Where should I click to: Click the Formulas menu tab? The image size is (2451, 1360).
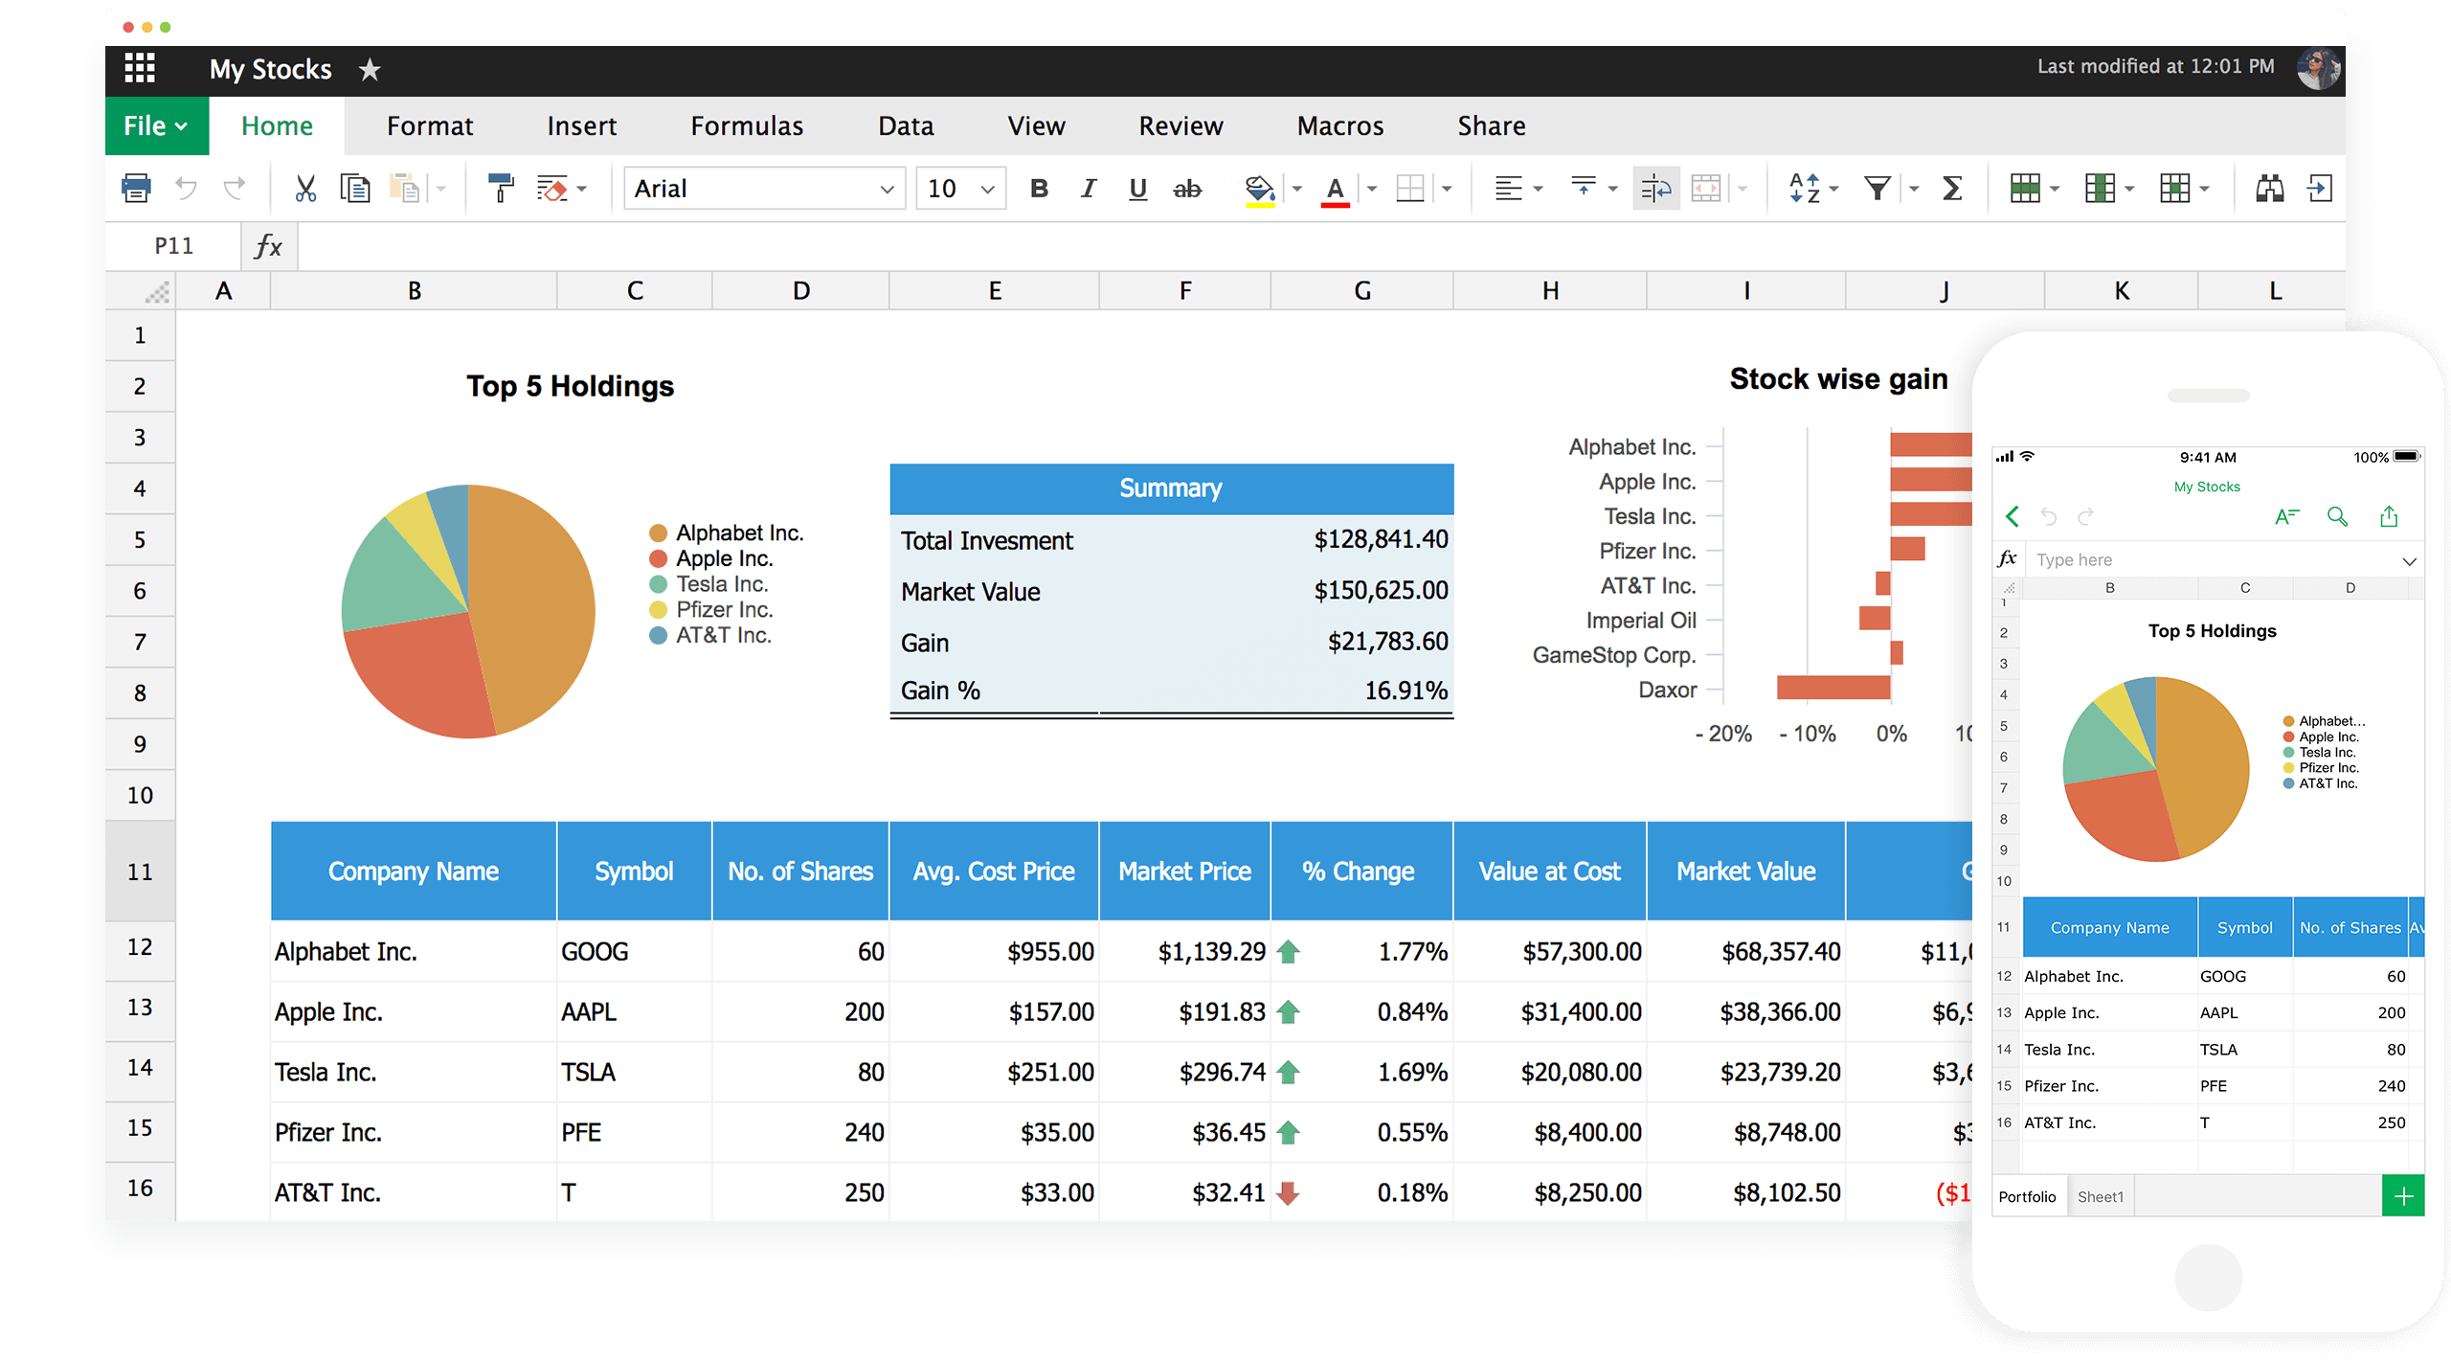point(747,125)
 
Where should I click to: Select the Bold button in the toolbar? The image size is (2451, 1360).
point(1039,189)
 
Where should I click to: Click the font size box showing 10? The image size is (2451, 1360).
point(960,189)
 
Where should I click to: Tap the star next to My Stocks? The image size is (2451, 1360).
point(370,70)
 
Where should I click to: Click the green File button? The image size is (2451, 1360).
point(156,125)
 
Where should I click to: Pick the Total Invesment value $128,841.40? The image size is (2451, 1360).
point(1380,539)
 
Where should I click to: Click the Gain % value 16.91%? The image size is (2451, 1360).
point(1405,691)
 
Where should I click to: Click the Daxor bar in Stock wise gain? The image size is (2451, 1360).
point(1833,688)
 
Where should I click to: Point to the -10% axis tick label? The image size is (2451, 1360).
point(1807,734)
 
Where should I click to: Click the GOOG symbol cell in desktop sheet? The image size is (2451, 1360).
point(595,951)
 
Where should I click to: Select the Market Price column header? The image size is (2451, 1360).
point(1184,872)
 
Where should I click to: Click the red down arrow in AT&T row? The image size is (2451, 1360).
point(1289,1192)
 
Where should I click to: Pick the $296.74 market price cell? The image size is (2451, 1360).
point(1222,1072)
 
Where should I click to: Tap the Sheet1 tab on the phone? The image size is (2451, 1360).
point(2100,1196)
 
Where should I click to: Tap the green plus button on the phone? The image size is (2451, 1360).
point(2402,1196)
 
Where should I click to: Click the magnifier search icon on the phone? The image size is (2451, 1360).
point(2337,517)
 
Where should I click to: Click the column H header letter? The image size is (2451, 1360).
point(1550,290)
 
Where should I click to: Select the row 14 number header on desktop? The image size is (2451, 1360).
point(140,1067)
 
